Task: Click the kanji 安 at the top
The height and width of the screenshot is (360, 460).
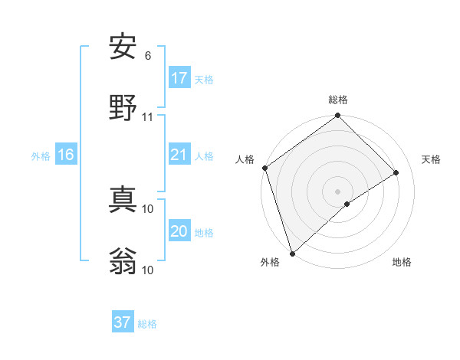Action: tap(123, 47)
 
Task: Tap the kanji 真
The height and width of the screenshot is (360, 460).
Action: tap(123, 201)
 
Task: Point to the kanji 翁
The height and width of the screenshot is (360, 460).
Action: tap(123, 262)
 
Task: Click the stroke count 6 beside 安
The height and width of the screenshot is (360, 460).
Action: tap(148, 55)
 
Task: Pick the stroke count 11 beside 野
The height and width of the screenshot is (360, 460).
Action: tap(148, 116)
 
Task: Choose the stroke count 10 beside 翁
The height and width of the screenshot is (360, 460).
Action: tap(148, 270)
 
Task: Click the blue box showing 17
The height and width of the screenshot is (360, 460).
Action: tap(179, 78)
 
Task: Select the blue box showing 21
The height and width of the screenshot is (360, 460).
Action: tap(179, 155)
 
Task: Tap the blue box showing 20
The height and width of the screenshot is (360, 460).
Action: tap(179, 231)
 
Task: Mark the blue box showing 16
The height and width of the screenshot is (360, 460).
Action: tap(66, 155)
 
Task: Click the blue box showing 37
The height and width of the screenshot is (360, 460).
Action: tap(123, 322)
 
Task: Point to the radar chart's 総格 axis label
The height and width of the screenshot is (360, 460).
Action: tap(338, 100)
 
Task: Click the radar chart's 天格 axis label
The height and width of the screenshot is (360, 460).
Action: tap(432, 159)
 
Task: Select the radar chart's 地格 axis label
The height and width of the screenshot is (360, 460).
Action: tap(402, 262)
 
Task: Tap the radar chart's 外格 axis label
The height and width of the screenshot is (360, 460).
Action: tap(270, 262)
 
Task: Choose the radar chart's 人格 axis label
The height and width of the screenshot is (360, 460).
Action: tap(245, 159)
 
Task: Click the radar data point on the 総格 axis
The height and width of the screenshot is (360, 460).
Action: tap(338, 116)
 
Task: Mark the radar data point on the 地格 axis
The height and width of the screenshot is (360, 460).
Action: tap(347, 204)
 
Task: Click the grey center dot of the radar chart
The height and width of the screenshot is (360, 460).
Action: tap(338, 191)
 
